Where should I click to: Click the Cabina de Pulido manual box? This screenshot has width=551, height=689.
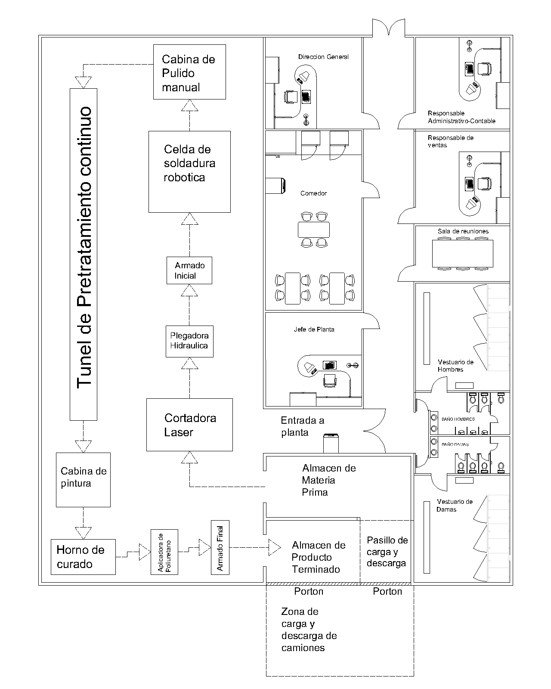coord(189,72)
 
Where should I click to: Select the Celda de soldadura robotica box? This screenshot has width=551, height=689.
coord(189,172)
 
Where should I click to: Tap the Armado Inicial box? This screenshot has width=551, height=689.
coord(189,270)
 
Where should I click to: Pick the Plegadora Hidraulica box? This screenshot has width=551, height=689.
coord(189,341)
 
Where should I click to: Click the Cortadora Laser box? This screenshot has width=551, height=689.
coord(189,425)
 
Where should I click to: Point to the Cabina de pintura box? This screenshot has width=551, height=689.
coord(83,480)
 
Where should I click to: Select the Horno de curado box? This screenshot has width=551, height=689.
coord(83,557)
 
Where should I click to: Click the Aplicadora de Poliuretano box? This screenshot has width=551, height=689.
coord(164,552)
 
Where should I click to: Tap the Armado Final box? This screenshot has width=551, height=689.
coord(220,547)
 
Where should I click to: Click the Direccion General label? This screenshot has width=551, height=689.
coord(323,57)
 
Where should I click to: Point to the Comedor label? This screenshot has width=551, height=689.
coord(313,193)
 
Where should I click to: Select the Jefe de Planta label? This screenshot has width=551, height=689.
coord(314,329)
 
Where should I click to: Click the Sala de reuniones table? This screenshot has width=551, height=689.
coord(463,253)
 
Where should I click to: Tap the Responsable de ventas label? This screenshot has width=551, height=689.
coord(450,142)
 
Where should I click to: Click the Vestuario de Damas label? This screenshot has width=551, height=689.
coord(455,506)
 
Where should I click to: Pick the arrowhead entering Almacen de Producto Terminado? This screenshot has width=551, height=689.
coord(275,547)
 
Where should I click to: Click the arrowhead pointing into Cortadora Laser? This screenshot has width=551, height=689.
coord(189,457)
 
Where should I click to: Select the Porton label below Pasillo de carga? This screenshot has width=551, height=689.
coord(387,591)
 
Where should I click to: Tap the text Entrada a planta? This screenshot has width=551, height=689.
coord(303,426)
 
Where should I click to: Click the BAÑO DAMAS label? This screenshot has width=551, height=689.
coord(455,444)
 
